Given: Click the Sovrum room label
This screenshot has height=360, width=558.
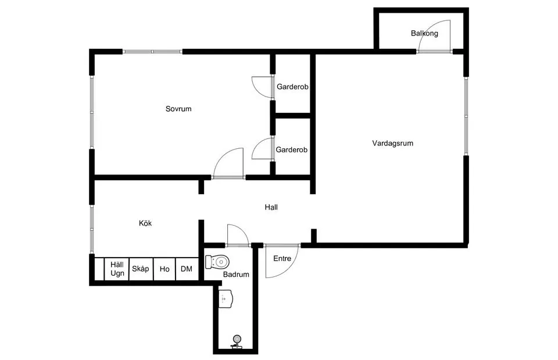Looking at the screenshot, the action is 178,109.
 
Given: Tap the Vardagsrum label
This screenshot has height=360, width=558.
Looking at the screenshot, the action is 392,143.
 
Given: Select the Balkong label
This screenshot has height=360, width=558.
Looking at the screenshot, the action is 424,33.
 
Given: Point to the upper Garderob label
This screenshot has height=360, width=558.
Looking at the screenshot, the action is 292,87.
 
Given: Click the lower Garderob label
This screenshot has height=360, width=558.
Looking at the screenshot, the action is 291,149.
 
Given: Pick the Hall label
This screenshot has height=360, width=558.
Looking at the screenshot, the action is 271,207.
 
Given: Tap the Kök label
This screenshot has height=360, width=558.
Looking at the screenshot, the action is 145,223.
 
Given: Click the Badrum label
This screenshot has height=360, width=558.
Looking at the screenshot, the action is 236,274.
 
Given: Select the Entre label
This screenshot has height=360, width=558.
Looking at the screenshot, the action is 282,259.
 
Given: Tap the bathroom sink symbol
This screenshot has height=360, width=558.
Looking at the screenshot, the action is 226,299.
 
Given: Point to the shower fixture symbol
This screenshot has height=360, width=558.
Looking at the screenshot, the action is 237,342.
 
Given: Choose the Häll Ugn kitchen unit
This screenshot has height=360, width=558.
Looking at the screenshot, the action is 117,269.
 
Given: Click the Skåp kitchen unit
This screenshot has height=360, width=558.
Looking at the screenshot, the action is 141,269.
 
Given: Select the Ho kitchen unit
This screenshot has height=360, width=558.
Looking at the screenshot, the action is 164,269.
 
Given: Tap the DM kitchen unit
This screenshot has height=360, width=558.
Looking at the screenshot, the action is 187,269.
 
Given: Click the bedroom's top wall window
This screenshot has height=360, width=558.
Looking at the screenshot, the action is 153,52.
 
